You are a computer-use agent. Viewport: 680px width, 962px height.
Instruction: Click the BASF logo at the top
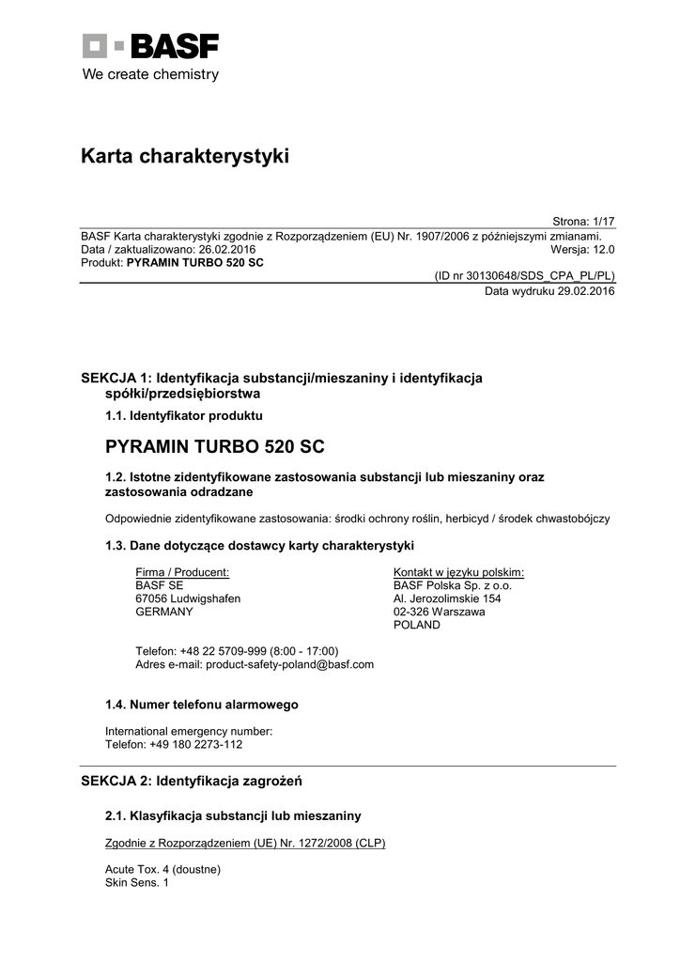tap(150, 46)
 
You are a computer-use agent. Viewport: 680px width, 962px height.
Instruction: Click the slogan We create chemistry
tap(150, 74)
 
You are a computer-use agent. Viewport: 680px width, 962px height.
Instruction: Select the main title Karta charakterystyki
tap(185, 156)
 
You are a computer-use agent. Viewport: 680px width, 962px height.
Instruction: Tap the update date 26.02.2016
tap(226, 249)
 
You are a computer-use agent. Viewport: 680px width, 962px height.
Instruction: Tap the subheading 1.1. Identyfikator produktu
tap(183, 414)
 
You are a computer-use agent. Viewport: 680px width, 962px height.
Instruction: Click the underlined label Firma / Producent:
tap(182, 572)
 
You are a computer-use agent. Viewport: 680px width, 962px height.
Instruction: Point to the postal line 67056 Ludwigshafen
tap(188, 598)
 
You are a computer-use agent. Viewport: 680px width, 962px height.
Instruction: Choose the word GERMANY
tap(164, 612)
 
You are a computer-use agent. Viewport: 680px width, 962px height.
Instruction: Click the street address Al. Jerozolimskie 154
tap(447, 598)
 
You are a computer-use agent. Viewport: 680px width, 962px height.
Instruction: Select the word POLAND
tap(416, 625)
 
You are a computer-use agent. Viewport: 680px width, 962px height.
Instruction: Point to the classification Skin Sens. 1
tap(137, 883)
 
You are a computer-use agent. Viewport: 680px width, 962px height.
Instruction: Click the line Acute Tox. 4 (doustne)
tap(162, 870)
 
